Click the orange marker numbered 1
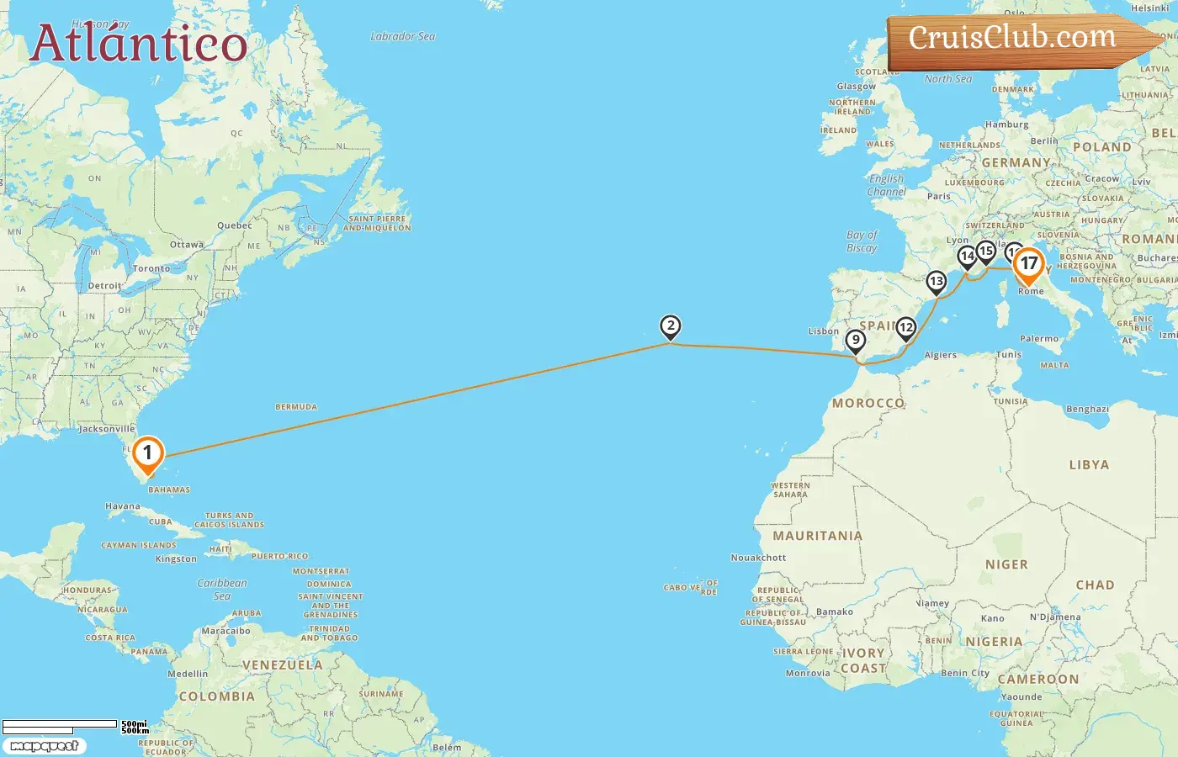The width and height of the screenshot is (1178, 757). pos(147,454)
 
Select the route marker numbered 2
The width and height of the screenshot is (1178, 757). pos(670,326)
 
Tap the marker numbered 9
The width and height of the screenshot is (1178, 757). pos(855,341)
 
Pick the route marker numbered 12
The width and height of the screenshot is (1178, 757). pos(905,328)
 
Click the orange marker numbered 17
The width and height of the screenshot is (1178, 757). pos(1028,265)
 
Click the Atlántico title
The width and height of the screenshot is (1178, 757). pos(139,43)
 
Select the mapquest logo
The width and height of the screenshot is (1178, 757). pos(44,746)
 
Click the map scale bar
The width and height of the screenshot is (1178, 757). pos(60,724)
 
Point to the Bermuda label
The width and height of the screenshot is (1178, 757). pos(296,407)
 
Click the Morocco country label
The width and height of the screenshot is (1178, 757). pos(868,403)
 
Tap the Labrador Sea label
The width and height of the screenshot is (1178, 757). pos(402,36)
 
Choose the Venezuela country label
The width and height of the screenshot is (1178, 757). pos(282,664)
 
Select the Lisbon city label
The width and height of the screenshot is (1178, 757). pos(824,331)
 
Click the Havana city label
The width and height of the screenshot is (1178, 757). pos(123,506)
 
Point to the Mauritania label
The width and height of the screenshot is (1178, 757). pos(817,536)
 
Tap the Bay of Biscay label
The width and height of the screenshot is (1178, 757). pos(862,241)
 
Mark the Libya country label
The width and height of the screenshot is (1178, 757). pos(1089,464)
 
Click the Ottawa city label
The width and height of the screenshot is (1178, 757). pos(187,245)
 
